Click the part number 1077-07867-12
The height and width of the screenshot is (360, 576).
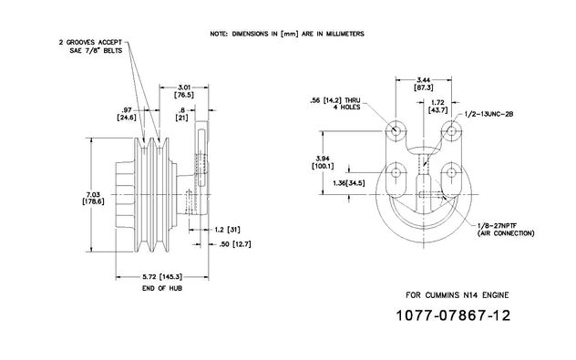[x=453, y=315]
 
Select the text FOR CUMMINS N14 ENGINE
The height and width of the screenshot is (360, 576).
[x=458, y=295]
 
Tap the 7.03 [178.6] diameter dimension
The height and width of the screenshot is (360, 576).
[x=93, y=198]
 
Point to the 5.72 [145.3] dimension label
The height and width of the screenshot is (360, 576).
[x=162, y=277]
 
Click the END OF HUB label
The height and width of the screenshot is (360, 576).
[x=162, y=288]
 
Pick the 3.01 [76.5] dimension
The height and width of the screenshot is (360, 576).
[x=184, y=91]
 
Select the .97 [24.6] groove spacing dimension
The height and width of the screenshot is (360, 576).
[x=127, y=114]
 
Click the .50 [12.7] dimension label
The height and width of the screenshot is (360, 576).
[x=235, y=244]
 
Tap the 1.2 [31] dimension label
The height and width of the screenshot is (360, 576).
[x=227, y=230]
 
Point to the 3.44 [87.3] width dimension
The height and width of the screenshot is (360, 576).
[x=424, y=84]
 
